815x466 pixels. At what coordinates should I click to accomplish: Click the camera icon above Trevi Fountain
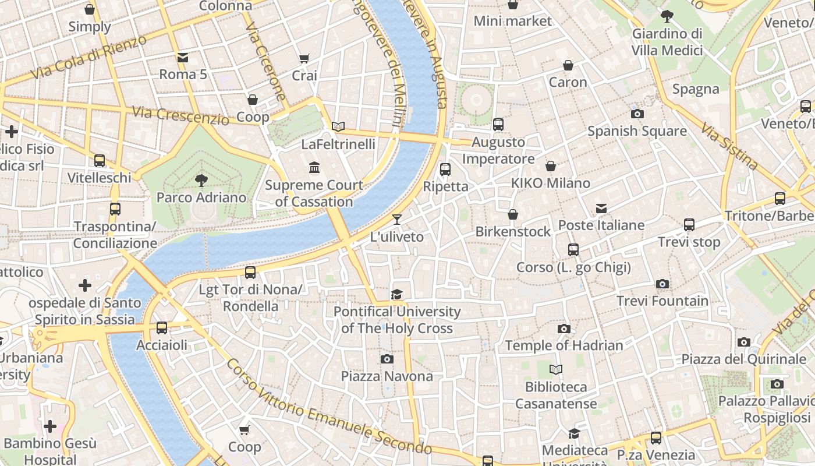pos(662,284)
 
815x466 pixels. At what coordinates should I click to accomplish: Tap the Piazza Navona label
pos(387,376)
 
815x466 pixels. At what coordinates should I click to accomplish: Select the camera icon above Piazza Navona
pos(387,359)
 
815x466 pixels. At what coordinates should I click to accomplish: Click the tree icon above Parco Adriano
pos(201,180)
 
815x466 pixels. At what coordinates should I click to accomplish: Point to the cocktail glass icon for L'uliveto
pos(397,220)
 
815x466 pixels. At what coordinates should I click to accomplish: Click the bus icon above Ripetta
pos(445,170)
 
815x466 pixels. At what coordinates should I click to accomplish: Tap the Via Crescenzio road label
pos(180,115)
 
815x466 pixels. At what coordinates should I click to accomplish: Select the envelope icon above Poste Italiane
pos(601,208)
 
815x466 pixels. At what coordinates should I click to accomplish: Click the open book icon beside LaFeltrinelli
pos(338,126)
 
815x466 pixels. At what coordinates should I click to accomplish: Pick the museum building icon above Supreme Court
pos(314,168)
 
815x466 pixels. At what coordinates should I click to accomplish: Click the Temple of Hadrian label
pos(564,345)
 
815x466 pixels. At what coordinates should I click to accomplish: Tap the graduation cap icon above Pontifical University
pos(397,294)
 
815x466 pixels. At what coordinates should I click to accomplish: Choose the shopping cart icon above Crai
pos(304,58)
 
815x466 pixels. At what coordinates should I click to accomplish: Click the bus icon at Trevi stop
pos(689,224)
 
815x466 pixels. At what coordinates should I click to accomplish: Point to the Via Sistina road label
pos(729,146)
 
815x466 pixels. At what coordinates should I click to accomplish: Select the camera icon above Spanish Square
pos(637,114)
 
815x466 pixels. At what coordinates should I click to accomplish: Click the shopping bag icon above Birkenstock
pos(513,214)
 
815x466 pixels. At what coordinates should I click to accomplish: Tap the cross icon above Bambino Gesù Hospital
pos(50,426)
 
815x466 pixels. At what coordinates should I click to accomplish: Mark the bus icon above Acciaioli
pos(162,328)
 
